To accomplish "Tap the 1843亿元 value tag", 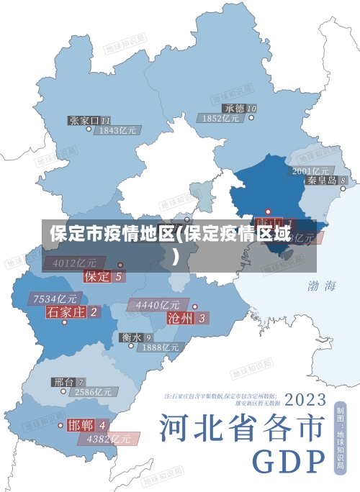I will [x=117, y=131].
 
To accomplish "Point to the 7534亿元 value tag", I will [x=55, y=299].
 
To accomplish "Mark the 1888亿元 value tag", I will [x=160, y=347].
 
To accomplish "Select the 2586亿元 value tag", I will [x=94, y=393].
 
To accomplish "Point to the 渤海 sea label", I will [x=321, y=286].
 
